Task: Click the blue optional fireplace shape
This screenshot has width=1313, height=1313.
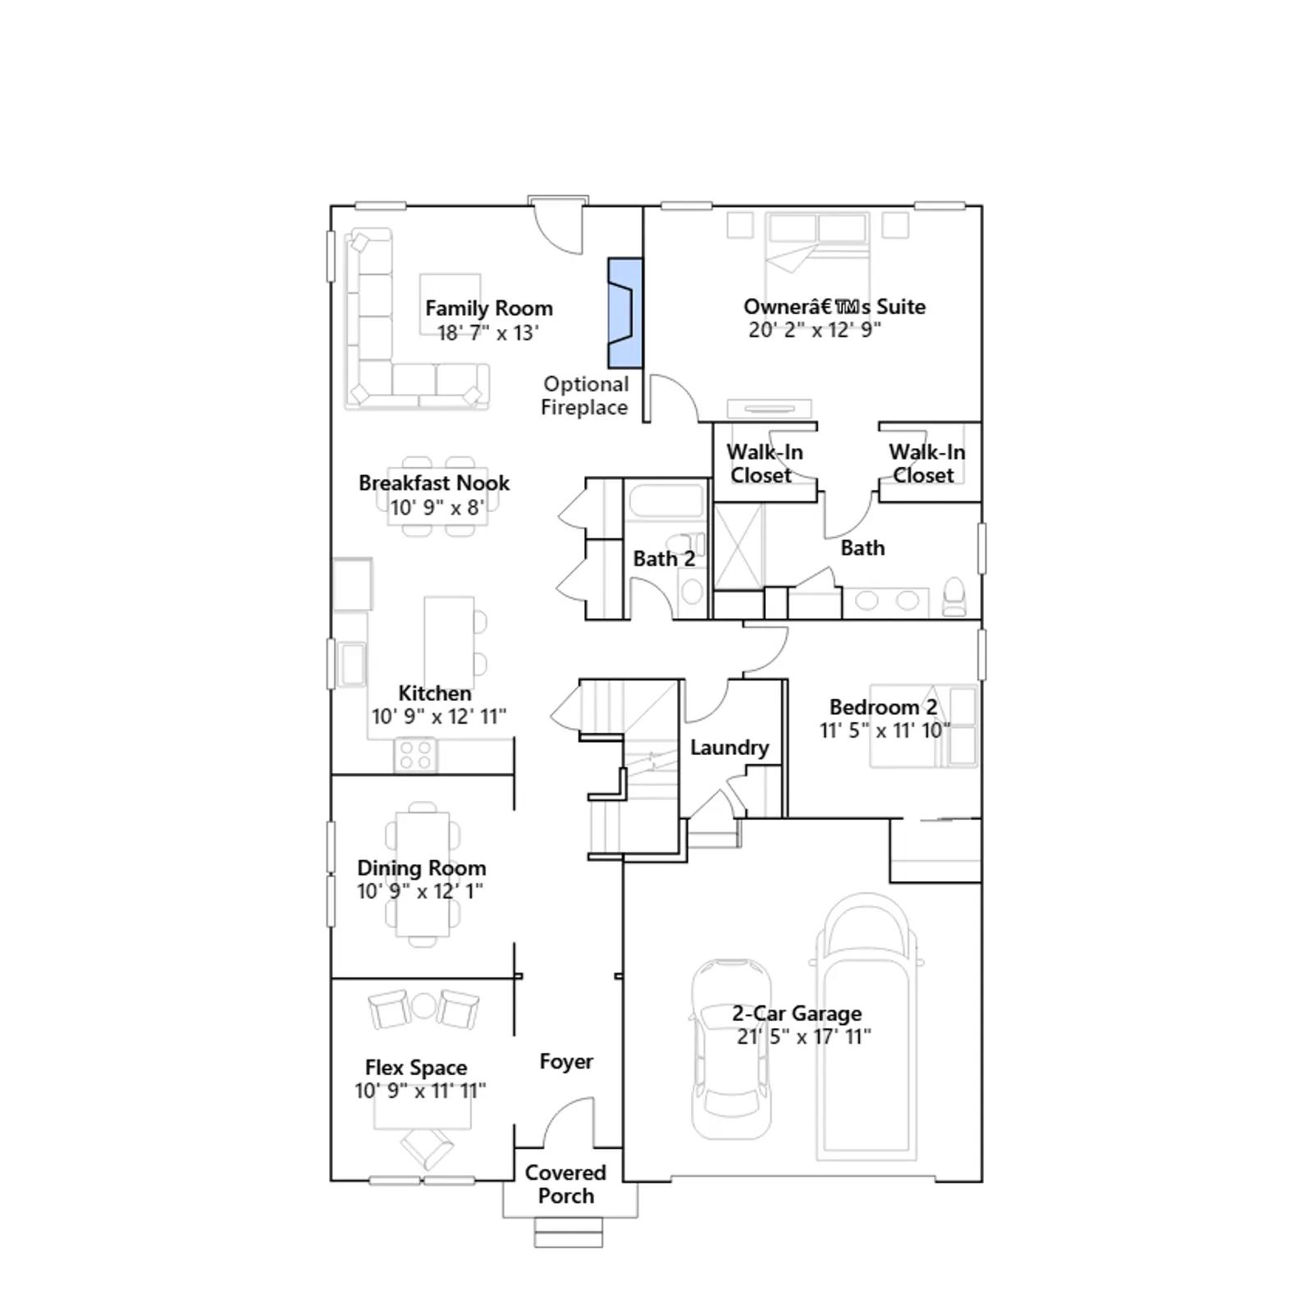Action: tap(624, 313)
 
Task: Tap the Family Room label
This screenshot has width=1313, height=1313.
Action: tap(489, 309)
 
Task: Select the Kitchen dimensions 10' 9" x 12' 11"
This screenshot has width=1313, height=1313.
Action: tap(439, 716)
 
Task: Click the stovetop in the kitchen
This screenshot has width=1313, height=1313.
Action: tap(415, 755)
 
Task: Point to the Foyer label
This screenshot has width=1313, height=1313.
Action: tap(566, 1062)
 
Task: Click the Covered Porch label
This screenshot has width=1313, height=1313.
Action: tap(565, 1184)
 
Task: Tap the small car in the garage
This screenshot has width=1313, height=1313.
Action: tap(731, 1049)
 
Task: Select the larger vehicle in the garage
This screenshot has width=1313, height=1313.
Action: tap(867, 1027)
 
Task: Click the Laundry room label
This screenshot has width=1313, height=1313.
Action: tap(730, 748)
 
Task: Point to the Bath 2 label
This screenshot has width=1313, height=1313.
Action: tap(664, 559)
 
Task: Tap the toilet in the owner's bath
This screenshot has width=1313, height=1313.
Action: tap(954, 597)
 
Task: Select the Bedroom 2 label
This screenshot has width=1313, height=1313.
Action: tap(883, 707)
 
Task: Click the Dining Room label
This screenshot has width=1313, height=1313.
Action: tap(422, 868)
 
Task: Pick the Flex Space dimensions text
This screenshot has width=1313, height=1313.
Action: tap(420, 1091)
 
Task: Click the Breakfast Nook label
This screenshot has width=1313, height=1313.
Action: tap(434, 483)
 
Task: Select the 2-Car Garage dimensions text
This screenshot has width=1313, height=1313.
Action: tap(804, 1036)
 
